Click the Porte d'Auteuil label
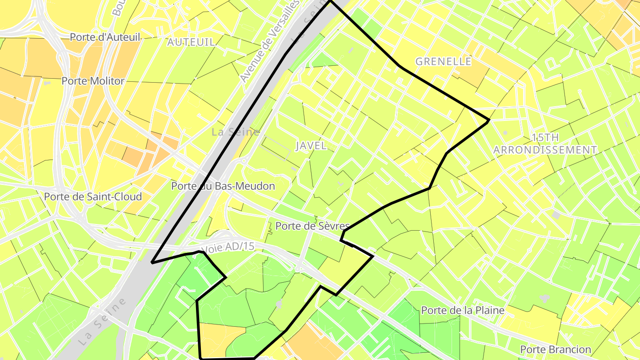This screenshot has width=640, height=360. (x=105, y=37)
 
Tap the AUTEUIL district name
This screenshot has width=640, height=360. (x=191, y=42)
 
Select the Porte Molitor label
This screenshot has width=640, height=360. (x=93, y=81)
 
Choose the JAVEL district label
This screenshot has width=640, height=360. (x=311, y=145)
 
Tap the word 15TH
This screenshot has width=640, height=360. (x=545, y=137)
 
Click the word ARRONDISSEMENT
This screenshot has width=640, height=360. (x=545, y=150)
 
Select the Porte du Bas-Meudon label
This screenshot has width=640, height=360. (x=223, y=186)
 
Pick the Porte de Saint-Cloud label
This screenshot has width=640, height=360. (x=93, y=196)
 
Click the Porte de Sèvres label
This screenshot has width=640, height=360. (x=312, y=226)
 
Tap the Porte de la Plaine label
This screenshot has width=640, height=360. (x=462, y=310)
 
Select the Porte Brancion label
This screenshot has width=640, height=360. (x=556, y=349)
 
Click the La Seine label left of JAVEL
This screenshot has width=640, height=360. (x=236, y=132)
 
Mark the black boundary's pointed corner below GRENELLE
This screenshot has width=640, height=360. (x=488, y=120)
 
